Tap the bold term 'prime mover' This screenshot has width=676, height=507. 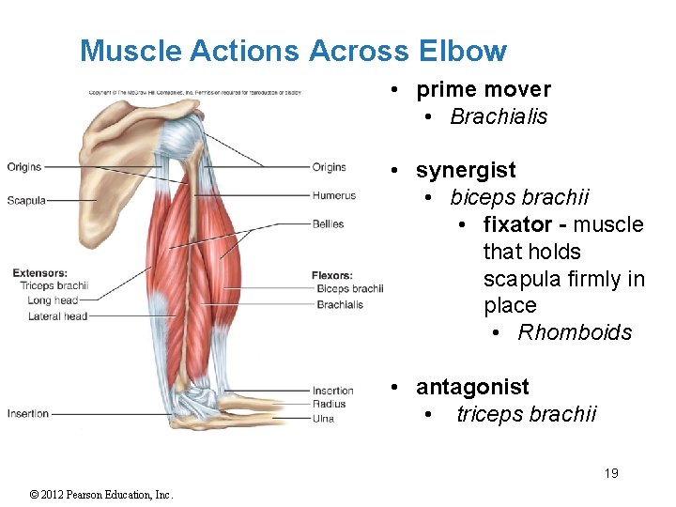[484, 90]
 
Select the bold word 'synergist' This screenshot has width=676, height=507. [466, 171]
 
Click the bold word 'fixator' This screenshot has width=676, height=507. [517, 225]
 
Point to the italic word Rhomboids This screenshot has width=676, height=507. [575, 333]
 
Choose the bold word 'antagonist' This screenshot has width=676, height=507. [472, 388]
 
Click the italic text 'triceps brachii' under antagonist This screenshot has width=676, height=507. [526, 415]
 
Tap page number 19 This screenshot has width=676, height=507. [611, 473]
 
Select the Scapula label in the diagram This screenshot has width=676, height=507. [26, 200]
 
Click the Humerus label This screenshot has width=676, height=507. [334, 196]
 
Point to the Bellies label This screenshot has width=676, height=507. [329, 224]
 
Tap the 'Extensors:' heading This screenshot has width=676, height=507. [39, 273]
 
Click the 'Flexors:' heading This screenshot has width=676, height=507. [332, 275]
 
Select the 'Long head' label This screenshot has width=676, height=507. [53, 300]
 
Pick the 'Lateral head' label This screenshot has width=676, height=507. [57, 316]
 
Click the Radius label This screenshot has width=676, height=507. [329, 405]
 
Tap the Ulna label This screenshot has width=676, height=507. [323, 419]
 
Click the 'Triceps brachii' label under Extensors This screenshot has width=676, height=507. [54, 286]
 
